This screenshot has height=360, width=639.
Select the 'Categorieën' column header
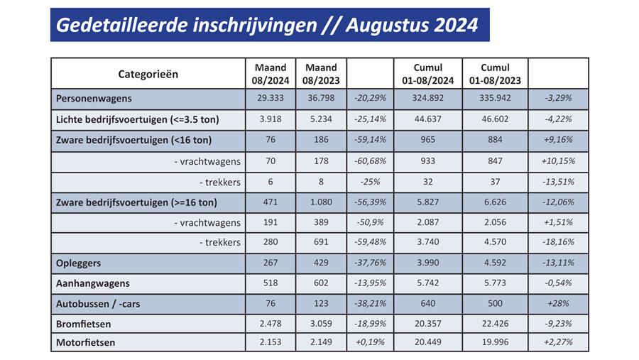tap(148, 74)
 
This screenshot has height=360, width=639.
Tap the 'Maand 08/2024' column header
tap(271, 74)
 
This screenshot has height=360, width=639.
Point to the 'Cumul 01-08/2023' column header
tap(495, 74)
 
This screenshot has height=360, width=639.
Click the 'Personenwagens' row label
tap(94, 99)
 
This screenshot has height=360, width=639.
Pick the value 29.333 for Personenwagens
tap(271, 99)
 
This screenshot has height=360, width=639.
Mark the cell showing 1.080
tap(319, 202)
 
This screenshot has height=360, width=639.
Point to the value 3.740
tap(427, 242)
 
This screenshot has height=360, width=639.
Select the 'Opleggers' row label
tap(79, 263)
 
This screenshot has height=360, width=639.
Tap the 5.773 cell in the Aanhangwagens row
tap(495, 283)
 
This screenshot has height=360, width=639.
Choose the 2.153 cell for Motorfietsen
tap(271, 343)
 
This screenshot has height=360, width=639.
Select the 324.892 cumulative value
tap(427, 99)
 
